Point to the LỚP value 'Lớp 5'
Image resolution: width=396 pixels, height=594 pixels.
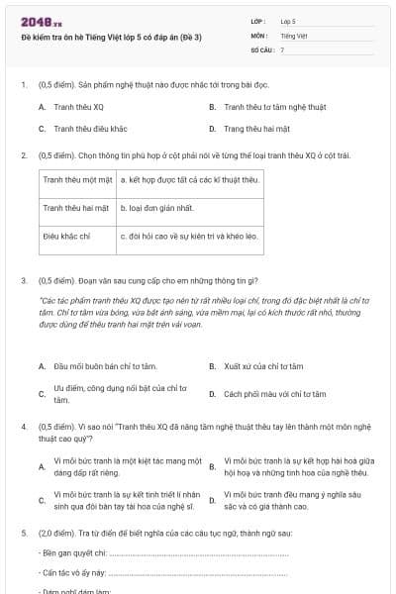coord(288,21)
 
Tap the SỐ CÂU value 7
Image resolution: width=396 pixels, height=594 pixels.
coord(282,49)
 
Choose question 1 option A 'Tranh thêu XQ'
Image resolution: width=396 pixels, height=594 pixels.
coord(78,106)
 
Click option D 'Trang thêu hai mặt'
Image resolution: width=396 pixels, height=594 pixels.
coord(256,129)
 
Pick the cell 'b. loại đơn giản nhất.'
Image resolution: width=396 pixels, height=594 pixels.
coord(156,208)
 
